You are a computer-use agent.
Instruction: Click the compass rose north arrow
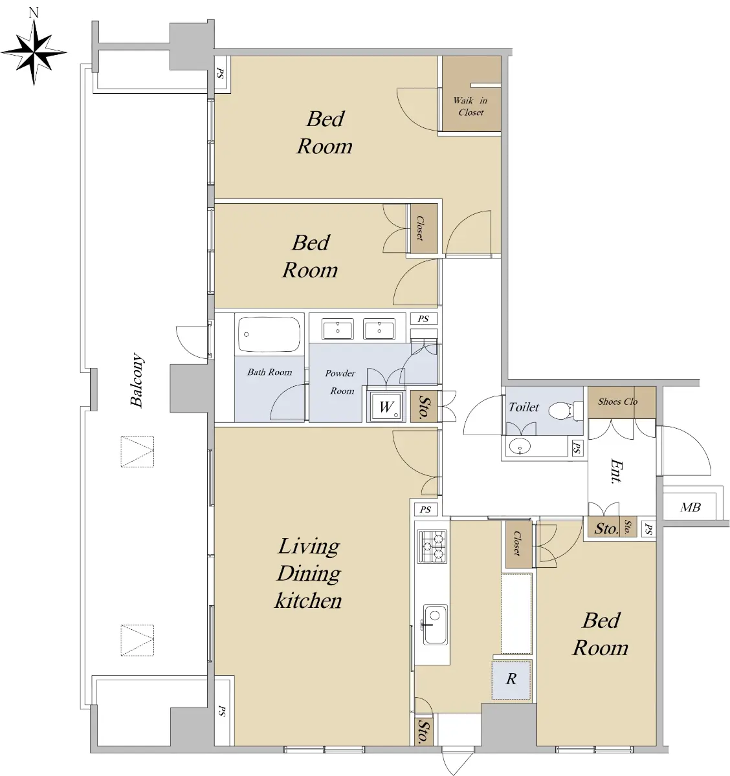click(34, 52)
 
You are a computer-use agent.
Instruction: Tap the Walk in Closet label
click(470, 106)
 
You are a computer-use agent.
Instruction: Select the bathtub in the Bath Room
click(269, 334)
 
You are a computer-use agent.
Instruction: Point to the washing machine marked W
click(386, 406)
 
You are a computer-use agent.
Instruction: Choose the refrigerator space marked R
click(511, 680)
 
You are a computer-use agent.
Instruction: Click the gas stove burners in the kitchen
click(432, 546)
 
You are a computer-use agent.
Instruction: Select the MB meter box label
click(691, 507)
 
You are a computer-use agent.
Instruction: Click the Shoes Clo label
click(617, 402)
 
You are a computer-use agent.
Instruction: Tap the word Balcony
click(137, 380)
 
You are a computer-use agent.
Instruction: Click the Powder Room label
click(340, 382)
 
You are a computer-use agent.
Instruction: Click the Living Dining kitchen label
click(309, 573)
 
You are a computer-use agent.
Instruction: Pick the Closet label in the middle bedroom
click(420, 228)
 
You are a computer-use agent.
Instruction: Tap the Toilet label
click(524, 407)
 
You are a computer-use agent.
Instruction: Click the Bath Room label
click(270, 372)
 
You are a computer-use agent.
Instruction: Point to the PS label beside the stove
click(426, 510)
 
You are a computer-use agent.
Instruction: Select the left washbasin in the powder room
click(338, 329)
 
